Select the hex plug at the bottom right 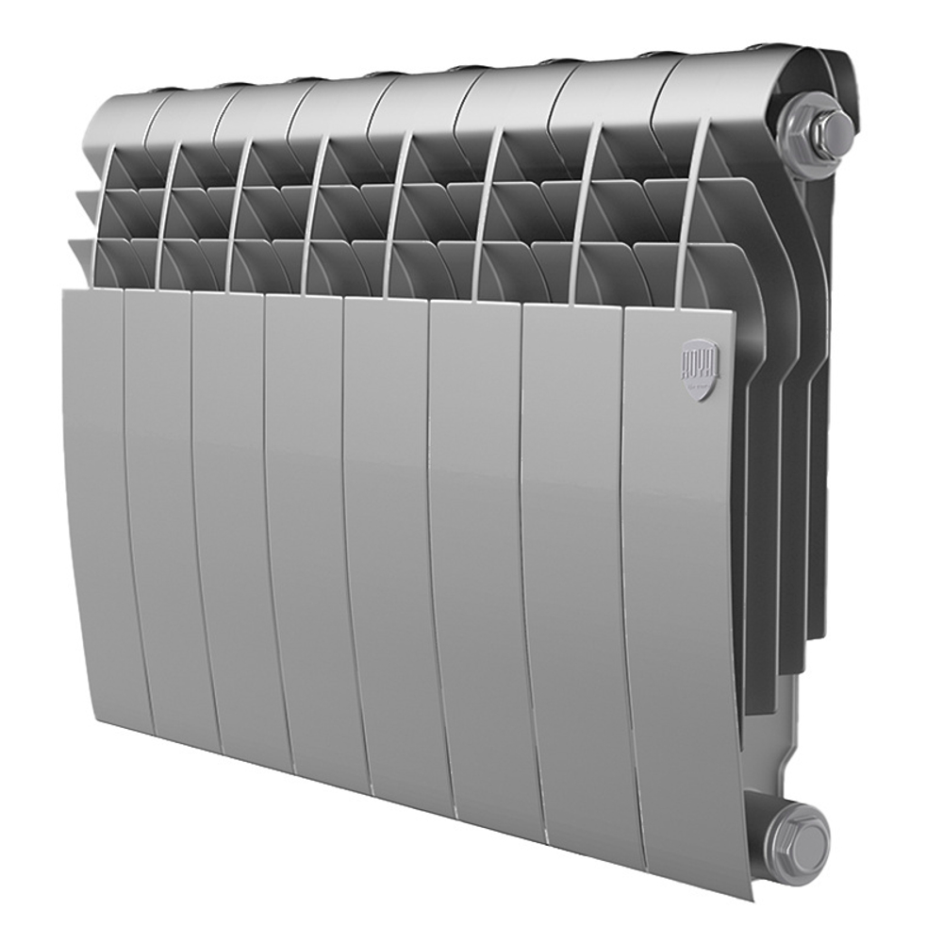coord(796,834)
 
